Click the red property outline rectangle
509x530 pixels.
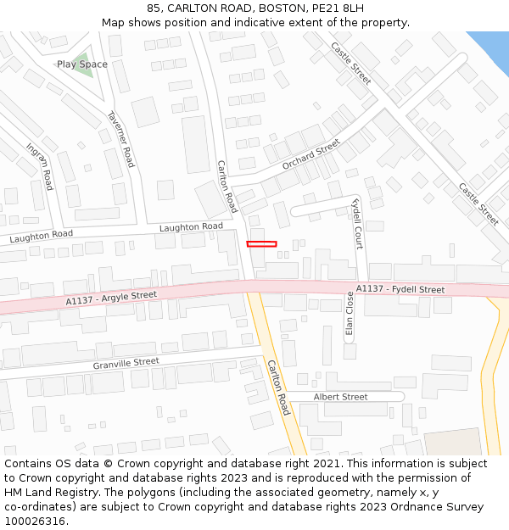[x=261, y=244]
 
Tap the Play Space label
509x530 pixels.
[x=82, y=64]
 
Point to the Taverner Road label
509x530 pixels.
[x=120, y=139]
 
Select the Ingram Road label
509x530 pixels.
[x=40, y=166]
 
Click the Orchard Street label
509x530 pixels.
[x=311, y=154]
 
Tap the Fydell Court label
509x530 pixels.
[x=357, y=223]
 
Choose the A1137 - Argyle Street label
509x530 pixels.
[x=111, y=298]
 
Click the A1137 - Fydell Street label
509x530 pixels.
[x=400, y=289]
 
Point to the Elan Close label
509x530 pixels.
[x=350, y=315]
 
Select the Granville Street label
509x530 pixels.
[x=126, y=363]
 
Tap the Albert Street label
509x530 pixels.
[x=340, y=397]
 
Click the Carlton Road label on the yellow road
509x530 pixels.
[x=278, y=388]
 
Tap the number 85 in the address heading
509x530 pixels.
[x=154, y=8]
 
